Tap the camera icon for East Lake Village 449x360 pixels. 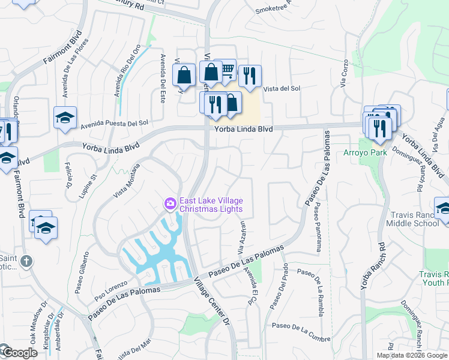click(170, 204)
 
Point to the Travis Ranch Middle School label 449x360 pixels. click(414, 218)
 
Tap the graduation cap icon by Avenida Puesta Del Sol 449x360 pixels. click(65, 117)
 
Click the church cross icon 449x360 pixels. click(25, 261)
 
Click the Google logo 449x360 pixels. click(19, 353)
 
